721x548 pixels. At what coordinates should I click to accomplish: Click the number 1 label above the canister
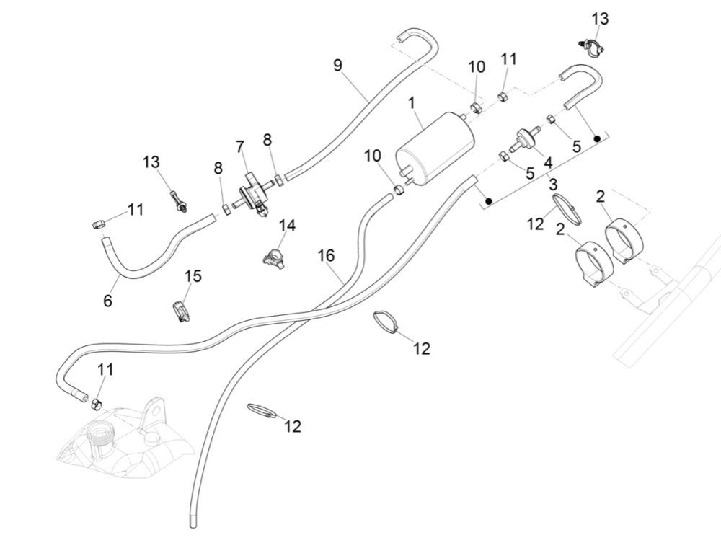[412, 104]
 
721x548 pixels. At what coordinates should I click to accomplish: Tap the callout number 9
[337, 65]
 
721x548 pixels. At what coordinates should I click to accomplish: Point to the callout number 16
[327, 255]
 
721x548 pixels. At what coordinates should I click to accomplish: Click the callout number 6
[107, 300]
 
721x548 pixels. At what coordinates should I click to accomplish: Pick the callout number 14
[287, 226]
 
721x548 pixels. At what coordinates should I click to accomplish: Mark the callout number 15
[193, 276]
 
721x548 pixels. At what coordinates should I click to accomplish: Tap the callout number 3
[553, 185]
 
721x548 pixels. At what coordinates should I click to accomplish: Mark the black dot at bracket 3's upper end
[597, 137]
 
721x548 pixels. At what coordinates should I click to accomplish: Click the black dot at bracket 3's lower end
[488, 200]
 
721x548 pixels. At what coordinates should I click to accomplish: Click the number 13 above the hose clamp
[600, 19]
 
